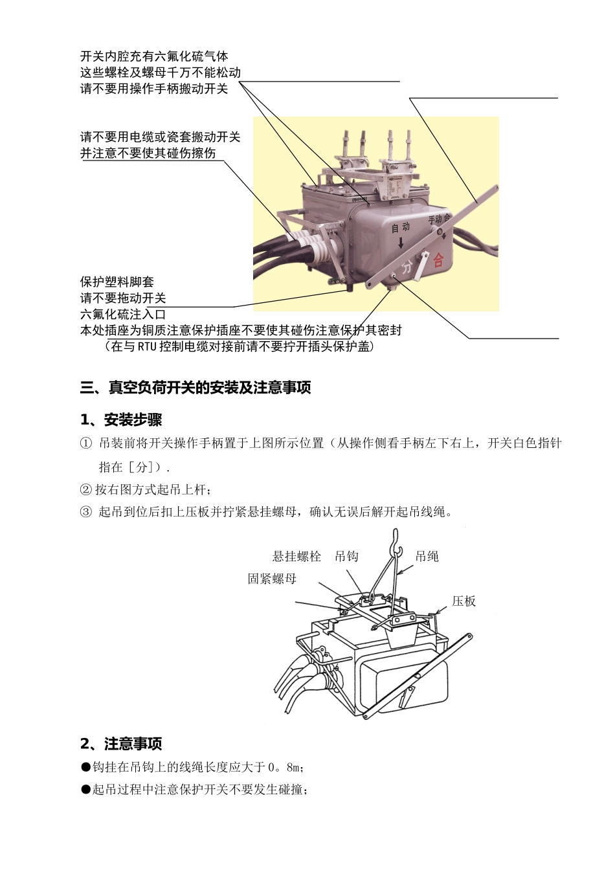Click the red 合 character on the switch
[438, 260]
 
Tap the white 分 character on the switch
[407, 267]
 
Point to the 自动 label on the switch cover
[401, 227]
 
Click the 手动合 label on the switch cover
[439, 219]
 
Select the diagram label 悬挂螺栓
[296, 557]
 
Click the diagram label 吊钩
[346, 557]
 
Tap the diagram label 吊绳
[427, 557]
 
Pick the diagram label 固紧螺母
[272, 579]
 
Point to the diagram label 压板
[464, 601]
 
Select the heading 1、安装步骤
[121, 420]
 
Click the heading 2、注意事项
[121, 744]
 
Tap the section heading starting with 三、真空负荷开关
[196, 388]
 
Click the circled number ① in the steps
[86, 443]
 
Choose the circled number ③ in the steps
[86, 512]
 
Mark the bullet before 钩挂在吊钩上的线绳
[85, 767]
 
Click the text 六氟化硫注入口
[123, 315]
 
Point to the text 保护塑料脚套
[117, 282]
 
